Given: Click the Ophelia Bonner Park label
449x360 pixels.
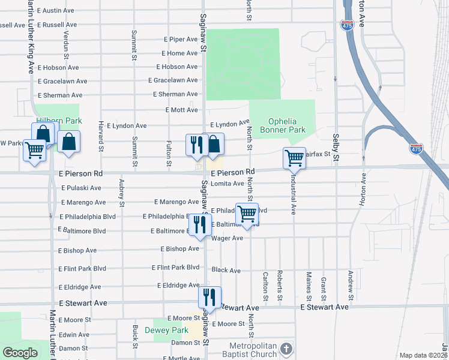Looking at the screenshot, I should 282,125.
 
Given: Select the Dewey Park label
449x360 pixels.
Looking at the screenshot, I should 170,330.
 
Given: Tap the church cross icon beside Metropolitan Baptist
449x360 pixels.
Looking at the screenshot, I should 287,349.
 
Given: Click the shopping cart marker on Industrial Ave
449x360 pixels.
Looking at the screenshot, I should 294,158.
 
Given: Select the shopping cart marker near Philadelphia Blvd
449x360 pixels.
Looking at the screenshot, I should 247,214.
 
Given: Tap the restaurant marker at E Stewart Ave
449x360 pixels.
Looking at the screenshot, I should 209,297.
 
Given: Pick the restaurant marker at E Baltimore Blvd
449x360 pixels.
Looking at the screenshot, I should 200,225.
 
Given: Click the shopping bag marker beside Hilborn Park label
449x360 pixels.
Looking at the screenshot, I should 70,142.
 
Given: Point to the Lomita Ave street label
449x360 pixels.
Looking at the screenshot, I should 228,184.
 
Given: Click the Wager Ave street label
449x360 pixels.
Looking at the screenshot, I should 227,238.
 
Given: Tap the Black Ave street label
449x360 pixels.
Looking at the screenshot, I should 226,271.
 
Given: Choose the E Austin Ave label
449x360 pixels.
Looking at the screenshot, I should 55,11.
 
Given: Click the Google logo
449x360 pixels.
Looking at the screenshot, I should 20,353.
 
